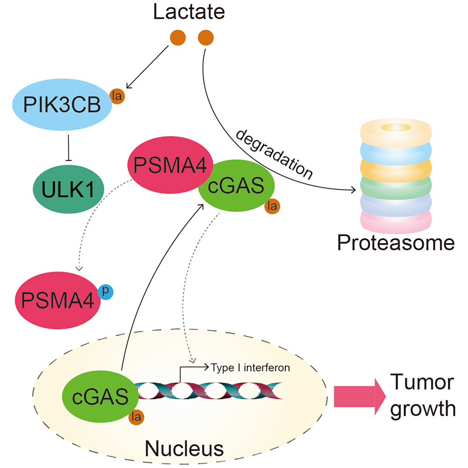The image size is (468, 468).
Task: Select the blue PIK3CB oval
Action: [x=62, y=106]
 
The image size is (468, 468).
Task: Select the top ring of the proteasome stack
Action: [x=395, y=131]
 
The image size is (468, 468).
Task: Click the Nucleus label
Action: [x=183, y=448]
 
